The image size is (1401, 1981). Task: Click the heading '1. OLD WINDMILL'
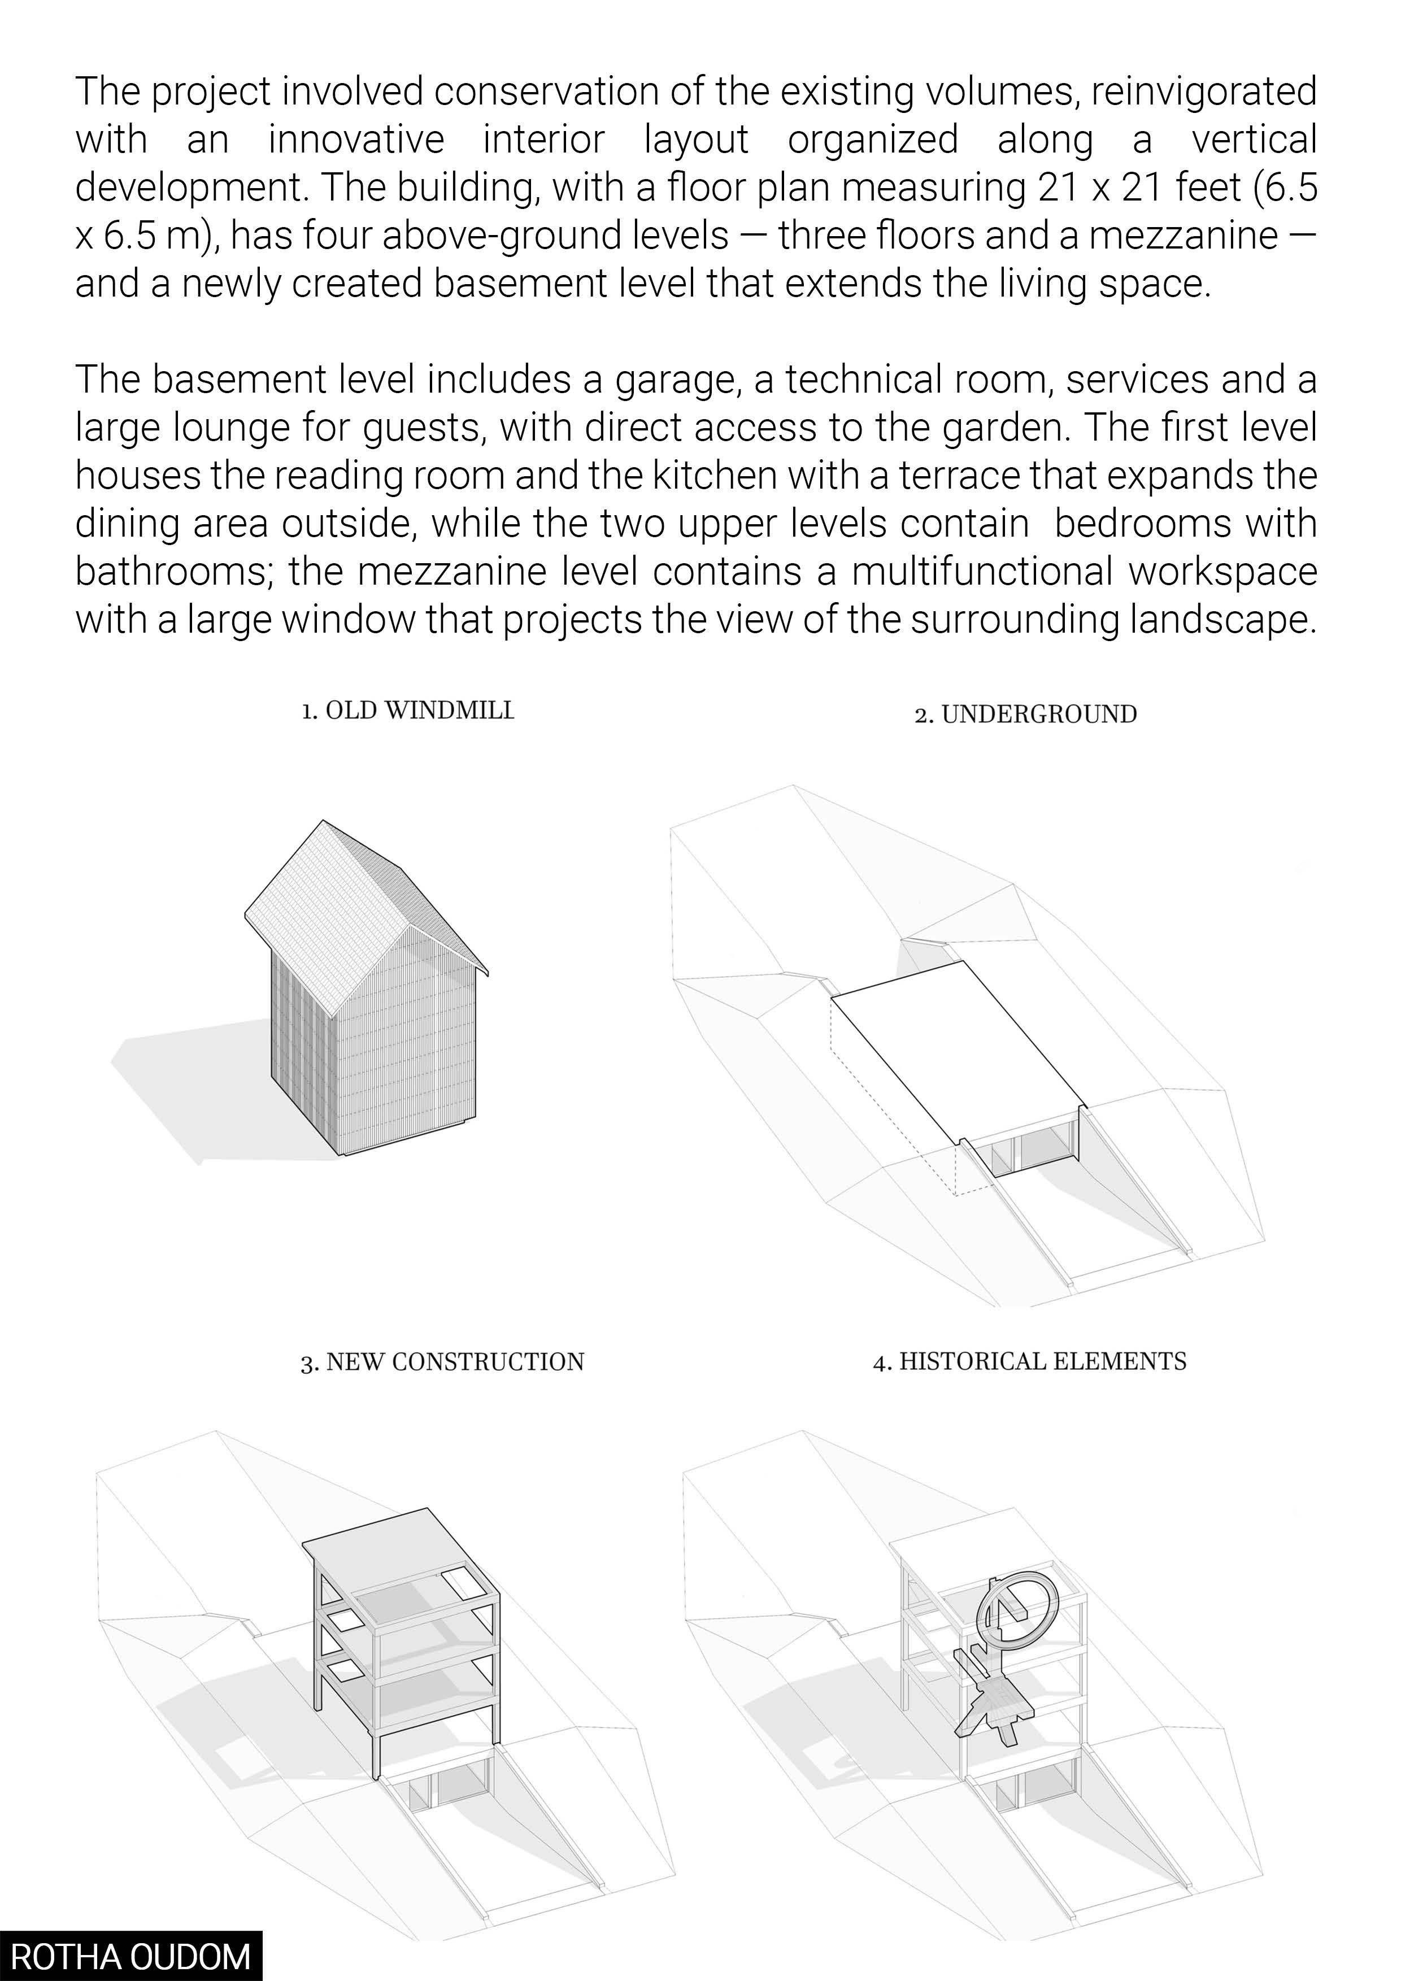[x=407, y=711]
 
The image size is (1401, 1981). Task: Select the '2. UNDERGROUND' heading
[x=1026, y=715]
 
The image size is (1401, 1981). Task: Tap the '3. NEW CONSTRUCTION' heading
[x=442, y=1362]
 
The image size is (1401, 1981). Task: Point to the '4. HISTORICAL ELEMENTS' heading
[x=1030, y=1361]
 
